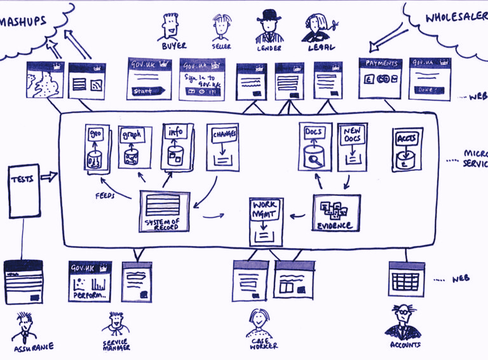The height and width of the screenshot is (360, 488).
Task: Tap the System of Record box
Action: [x=163, y=210]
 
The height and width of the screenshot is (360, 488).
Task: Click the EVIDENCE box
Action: [x=336, y=212]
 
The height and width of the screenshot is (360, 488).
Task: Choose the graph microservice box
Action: [x=134, y=147]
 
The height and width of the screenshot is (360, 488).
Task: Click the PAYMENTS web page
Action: [x=380, y=78]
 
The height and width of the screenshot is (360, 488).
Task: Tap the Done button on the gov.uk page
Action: [x=426, y=90]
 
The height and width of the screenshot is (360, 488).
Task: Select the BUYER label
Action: [x=173, y=46]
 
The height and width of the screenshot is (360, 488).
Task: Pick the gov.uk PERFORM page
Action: [x=90, y=280]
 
